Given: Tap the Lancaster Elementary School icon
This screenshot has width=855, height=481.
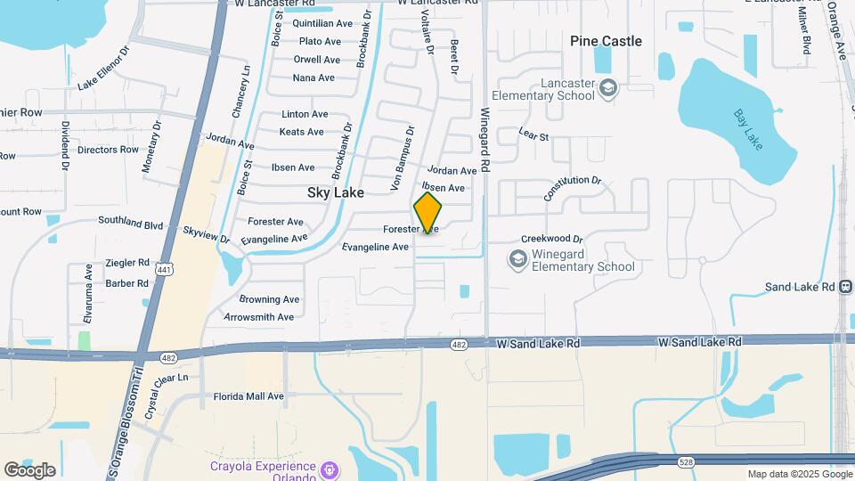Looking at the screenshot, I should (608, 86).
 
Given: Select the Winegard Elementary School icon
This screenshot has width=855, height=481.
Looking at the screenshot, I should (517, 258).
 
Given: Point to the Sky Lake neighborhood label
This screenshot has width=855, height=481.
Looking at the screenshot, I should (336, 192).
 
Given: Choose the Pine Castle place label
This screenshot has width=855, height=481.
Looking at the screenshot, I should (606, 41).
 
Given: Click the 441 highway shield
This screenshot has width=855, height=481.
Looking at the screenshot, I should (164, 268).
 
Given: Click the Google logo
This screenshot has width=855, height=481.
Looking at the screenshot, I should (29, 469).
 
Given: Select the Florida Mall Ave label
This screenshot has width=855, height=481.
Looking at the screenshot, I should (248, 396).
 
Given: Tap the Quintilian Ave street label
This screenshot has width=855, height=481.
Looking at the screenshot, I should (322, 23).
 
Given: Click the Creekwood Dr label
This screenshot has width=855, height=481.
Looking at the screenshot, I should (551, 239).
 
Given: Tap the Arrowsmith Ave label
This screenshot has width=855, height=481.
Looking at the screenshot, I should (258, 317).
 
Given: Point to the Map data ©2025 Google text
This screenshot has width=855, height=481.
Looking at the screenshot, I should (799, 474).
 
